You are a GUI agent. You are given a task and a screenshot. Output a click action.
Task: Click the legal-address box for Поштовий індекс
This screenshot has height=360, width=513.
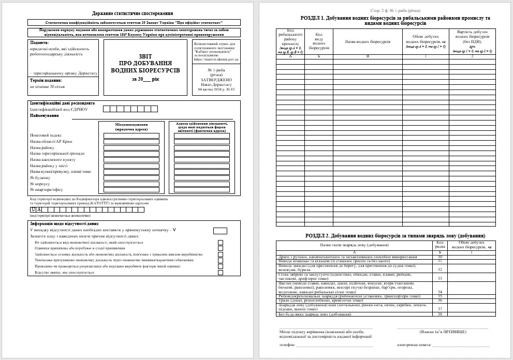[x=131, y=136]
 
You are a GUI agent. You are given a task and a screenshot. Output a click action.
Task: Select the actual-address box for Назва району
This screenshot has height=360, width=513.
[x=201, y=148]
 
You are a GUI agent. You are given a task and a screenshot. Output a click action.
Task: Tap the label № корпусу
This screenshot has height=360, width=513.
[x=40, y=184]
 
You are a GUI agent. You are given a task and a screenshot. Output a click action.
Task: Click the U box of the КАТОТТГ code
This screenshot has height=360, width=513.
[x=33, y=209]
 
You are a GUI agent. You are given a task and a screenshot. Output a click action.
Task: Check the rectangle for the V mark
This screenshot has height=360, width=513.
[x=220, y=231]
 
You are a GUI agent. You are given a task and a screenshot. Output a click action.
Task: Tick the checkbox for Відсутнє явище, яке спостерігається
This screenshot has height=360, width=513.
[x=221, y=273]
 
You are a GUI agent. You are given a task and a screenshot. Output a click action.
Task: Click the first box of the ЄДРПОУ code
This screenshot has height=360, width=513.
[x=106, y=109]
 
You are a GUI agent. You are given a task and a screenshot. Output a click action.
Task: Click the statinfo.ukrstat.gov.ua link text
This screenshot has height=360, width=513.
[x=216, y=59]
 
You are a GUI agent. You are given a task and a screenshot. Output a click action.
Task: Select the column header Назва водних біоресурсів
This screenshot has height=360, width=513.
[x=367, y=41]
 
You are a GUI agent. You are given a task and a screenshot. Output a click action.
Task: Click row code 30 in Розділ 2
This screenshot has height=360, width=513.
[x=439, y=257]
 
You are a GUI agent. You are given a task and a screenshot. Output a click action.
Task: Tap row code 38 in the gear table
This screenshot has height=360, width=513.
[x=439, y=314]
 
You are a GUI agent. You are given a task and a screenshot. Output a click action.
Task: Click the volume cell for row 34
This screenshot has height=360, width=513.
[x=471, y=292]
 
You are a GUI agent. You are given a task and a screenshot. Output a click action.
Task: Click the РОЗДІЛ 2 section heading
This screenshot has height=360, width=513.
[x=395, y=235]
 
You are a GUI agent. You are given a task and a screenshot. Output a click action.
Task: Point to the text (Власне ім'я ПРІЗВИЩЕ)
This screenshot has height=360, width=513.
[x=443, y=331]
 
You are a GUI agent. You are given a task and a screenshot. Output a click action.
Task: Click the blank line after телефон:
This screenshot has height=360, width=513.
[x=334, y=344]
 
